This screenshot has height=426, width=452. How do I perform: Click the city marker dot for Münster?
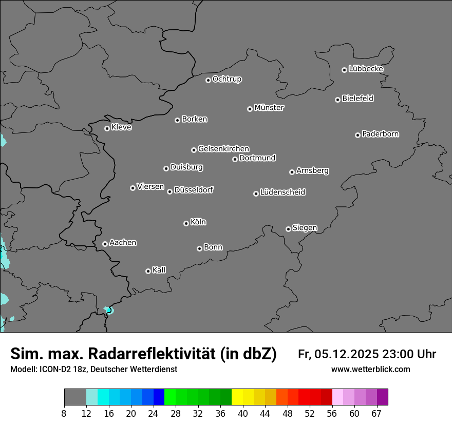(x=250, y=109)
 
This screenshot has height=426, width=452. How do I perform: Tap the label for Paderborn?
(x=380, y=134)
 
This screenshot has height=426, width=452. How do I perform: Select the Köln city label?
(x=198, y=222)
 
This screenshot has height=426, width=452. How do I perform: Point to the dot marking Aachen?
(x=105, y=244)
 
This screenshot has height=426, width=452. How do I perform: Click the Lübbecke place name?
(x=366, y=69)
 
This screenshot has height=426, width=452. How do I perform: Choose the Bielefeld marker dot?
(x=337, y=100)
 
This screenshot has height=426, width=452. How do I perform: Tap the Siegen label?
(x=305, y=228)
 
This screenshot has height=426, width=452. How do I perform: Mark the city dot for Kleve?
(x=107, y=128)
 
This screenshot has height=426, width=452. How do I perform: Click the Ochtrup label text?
(x=227, y=79)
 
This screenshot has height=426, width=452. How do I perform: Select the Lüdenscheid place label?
(x=282, y=192)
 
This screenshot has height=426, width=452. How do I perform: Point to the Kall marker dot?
(x=148, y=271)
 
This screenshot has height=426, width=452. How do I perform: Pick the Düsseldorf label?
(x=194, y=190)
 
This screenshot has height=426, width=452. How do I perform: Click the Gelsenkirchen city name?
(x=223, y=149)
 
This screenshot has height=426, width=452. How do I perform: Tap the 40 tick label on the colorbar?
(x=243, y=413)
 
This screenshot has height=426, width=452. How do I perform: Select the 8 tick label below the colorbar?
(x=64, y=413)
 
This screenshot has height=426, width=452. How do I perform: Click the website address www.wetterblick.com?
(x=370, y=370)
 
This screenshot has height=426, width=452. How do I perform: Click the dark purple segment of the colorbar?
(x=382, y=397)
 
